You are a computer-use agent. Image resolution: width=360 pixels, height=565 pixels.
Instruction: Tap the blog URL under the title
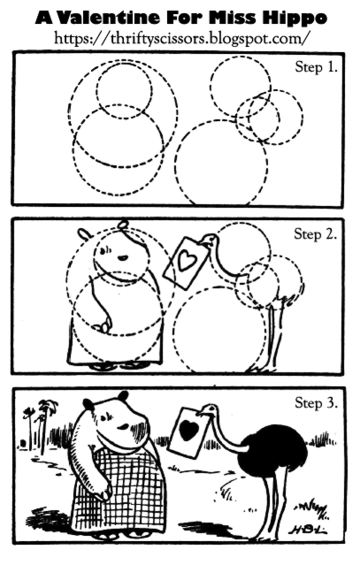(x=181, y=38)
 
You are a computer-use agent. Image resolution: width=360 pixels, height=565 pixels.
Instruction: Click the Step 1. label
(x=317, y=67)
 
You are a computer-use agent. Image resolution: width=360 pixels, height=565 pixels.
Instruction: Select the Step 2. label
(x=316, y=234)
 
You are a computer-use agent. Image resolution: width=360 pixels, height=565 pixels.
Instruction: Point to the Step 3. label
(x=317, y=402)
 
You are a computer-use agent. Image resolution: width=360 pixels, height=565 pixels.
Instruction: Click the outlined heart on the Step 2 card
(x=188, y=260)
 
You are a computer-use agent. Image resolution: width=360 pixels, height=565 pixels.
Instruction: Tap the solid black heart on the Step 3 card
(x=188, y=431)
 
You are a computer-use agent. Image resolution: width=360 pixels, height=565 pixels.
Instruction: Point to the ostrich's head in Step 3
(x=209, y=409)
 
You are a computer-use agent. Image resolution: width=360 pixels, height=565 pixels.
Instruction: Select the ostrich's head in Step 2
(x=210, y=240)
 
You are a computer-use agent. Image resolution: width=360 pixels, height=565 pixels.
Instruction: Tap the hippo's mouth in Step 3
(x=123, y=426)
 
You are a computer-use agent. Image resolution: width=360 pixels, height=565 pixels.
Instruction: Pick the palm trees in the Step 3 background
(x=40, y=425)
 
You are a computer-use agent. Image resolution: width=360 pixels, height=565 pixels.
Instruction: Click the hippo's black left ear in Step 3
(x=88, y=404)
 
